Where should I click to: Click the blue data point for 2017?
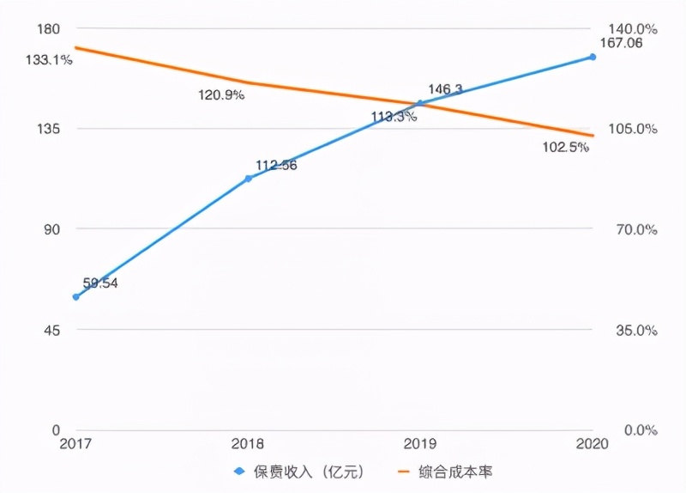point(75,297)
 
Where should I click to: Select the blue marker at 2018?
point(249,179)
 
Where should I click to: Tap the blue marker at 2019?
point(420,103)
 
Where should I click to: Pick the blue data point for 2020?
point(592,58)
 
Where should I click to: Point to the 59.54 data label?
point(100,283)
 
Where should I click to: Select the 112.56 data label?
point(276,165)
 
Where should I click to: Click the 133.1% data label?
point(49,60)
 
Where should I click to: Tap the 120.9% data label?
point(221,95)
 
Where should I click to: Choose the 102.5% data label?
point(566,147)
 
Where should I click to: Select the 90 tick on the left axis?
point(52,229)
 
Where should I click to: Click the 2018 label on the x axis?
point(249,444)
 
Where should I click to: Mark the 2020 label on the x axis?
point(592,444)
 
